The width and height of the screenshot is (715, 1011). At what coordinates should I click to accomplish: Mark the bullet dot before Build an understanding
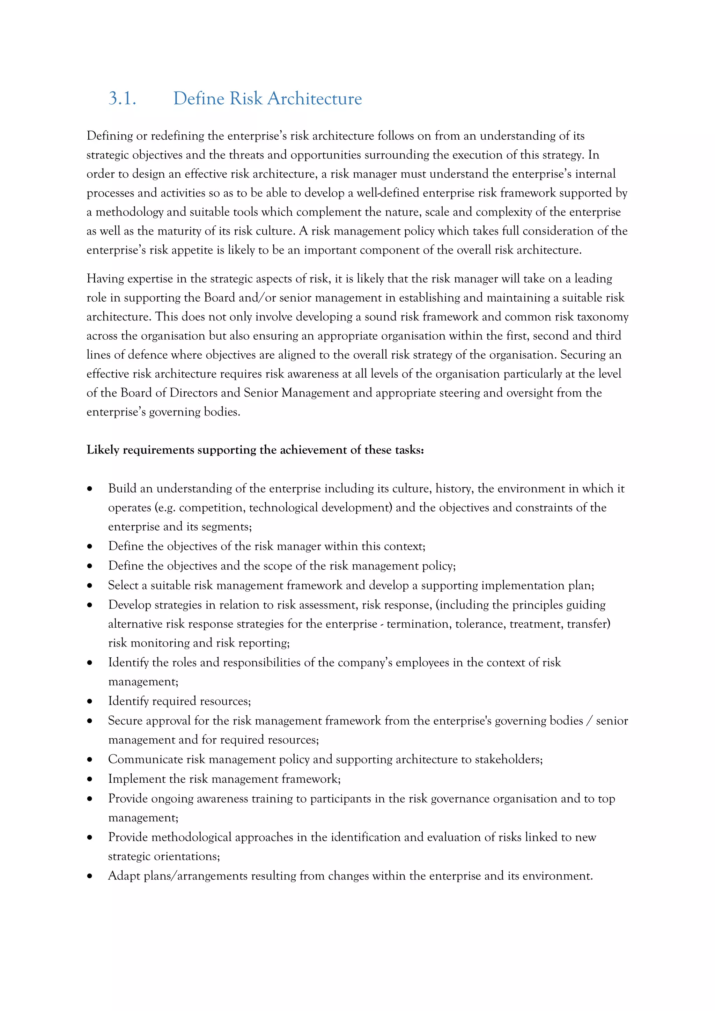click(90, 489)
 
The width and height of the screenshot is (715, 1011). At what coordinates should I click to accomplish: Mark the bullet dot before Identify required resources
click(90, 701)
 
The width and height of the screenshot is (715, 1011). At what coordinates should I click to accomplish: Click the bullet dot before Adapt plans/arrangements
click(90, 876)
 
